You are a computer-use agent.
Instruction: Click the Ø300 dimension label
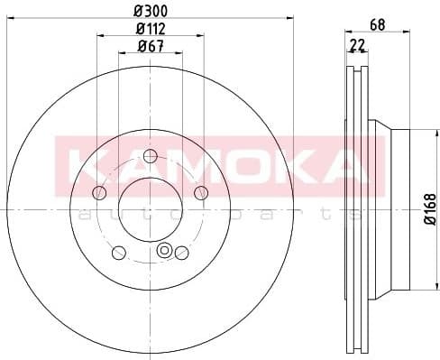tap(151, 12)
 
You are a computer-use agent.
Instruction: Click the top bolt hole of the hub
tap(151, 161)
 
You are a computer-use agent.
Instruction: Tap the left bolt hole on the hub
tap(99, 191)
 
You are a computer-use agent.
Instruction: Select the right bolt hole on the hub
tap(201, 191)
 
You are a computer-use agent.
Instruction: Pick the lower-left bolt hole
tap(118, 252)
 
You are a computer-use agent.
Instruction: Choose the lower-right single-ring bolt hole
tap(181, 252)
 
